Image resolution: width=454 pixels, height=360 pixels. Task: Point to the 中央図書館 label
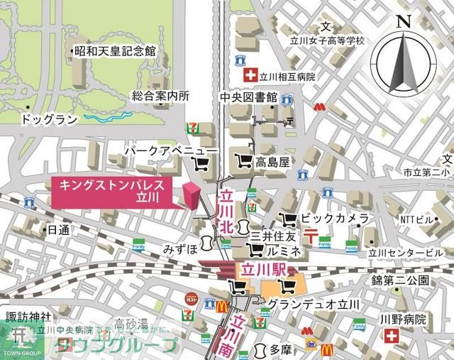tap(248, 97)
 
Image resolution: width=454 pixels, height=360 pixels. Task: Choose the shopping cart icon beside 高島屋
tap(243, 162)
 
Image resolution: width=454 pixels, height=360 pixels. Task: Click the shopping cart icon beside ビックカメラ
tap(288, 219)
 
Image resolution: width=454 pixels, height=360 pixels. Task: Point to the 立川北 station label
tap(226, 211)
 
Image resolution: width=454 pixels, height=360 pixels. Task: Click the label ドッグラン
tap(49, 119)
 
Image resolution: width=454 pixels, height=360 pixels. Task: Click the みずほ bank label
tap(178, 250)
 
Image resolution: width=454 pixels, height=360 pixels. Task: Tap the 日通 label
tap(58, 230)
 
